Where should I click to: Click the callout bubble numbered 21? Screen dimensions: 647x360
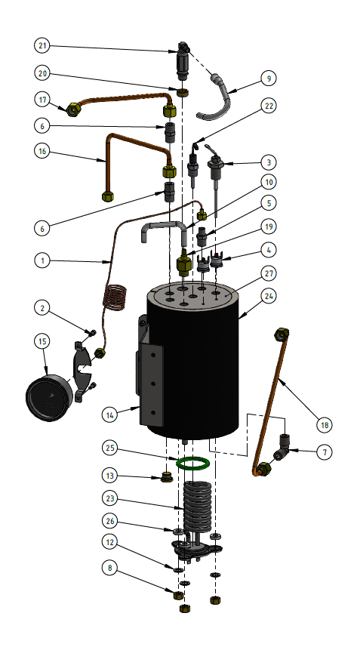[43, 46]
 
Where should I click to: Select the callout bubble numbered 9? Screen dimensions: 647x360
[269, 78]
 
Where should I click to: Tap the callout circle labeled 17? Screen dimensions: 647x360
[43, 100]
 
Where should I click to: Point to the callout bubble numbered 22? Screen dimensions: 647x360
[269, 106]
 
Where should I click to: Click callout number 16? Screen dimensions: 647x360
[43, 151]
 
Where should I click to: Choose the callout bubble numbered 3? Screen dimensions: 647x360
[269, 162]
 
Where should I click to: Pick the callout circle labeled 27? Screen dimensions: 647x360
[269, 273]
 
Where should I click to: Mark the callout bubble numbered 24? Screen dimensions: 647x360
[269, 297]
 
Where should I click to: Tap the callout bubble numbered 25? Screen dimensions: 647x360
[111, 448]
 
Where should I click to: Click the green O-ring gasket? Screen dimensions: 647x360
[193, 461]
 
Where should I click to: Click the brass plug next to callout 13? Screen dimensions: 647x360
[167, 477]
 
